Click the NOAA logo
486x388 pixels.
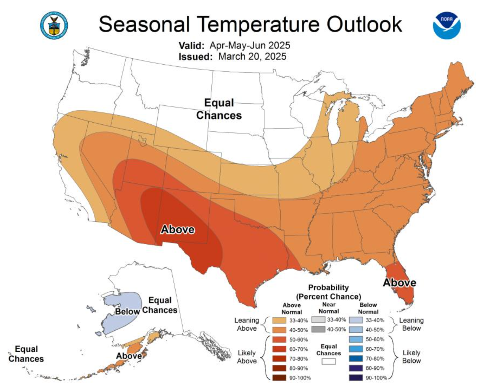point(447,25)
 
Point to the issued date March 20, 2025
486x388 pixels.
point(252,56)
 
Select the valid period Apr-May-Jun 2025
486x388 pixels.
point(250,46)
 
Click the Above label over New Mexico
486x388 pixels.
point(178,229)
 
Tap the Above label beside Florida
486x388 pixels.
point(399,283)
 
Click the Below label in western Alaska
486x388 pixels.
point(127,311)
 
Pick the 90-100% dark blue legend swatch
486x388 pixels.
point(356,378)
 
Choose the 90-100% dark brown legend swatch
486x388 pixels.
point(279,378)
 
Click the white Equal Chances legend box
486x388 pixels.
point(329,361)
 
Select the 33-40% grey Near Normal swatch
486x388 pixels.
point(318,319)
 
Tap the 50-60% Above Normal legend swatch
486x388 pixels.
point(279,339)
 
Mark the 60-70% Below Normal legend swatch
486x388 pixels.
point(356,349)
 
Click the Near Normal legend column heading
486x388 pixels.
point(329,308)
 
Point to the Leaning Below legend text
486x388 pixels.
point(411,324)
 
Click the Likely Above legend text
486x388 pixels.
point(247,357)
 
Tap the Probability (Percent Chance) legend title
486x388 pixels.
point(329,292)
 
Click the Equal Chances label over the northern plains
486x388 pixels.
point(219,109)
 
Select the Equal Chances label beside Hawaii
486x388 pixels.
point(26,354)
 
